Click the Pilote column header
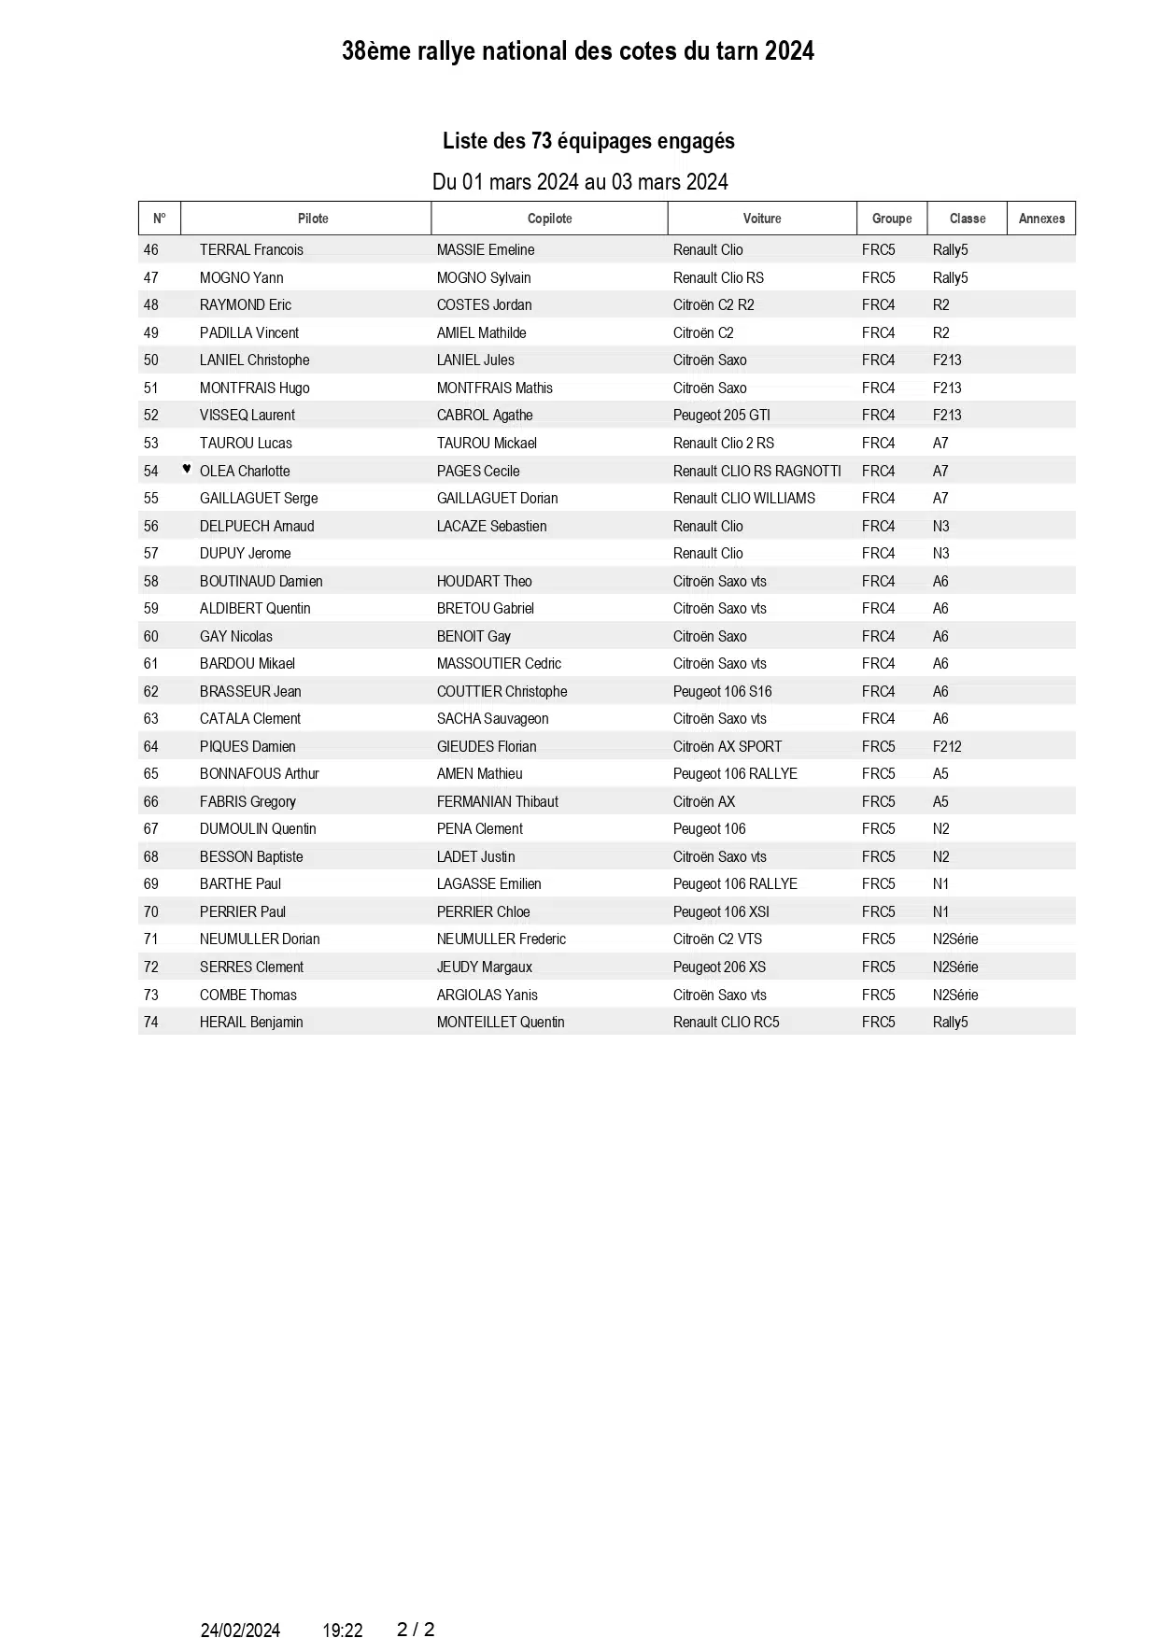(x=313, y=219)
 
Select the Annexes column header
(x=1041, y=219)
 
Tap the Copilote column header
(x=549, y=219)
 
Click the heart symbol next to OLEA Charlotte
(x=187, y=469)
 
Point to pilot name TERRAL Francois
(x=251, y=250)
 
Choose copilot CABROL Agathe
(x=485, y=416)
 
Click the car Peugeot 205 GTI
(x=721, y=416)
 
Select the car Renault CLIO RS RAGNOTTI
(x=756, y=472)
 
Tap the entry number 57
(x=151, y=554)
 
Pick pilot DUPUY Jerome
(x=245, y=554)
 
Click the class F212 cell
(x=946, y=747)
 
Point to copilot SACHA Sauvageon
(x=492, y=719)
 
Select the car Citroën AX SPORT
(x=727, y=747)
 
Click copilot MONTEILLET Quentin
(x=501, y=1023)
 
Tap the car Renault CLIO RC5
(x=726, y=1023)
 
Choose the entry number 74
(x=151, y=1023)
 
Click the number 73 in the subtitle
(x=542, y=141)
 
